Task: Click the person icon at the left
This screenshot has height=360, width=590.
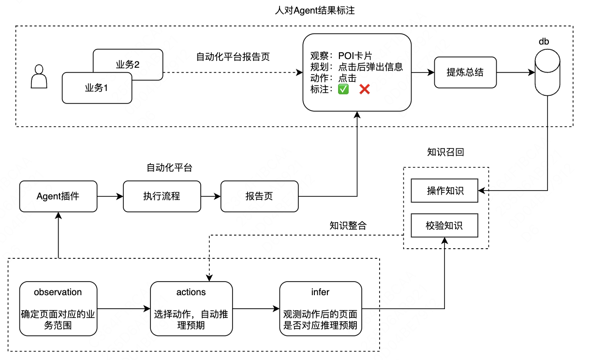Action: [39, 77]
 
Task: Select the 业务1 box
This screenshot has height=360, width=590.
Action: [97, 88]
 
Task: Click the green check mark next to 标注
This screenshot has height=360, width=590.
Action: [343, 89]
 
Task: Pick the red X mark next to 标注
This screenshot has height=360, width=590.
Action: [365, 89]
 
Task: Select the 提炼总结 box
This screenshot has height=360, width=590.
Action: [465, 73]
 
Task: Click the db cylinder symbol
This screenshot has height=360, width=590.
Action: [547, 73]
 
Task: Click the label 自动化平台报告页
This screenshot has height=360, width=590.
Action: [233, 57]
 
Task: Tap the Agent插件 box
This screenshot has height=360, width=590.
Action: [58, 196]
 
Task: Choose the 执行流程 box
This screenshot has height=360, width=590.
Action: [162, 196]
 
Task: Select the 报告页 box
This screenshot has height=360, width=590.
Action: [259, 196]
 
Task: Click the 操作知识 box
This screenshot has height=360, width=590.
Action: [444, 191]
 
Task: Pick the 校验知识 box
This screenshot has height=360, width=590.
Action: [444, 225]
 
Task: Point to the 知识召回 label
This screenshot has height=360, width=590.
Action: [445, 152]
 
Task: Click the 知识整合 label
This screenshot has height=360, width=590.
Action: [348, 225]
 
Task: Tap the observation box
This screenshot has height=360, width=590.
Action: [58, 309]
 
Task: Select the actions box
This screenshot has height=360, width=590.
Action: [191, 309]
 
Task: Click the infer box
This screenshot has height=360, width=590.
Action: [320, 309]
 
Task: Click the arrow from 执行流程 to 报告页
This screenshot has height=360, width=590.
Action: [210, 196]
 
